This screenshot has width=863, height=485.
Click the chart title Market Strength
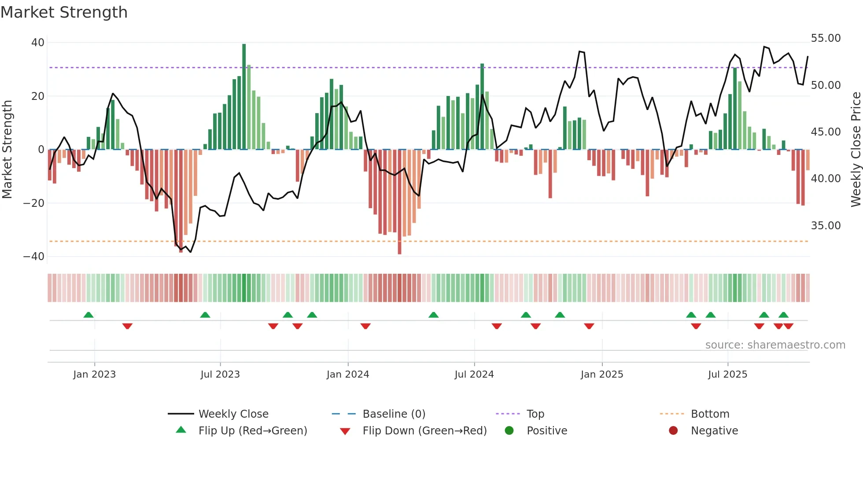coord(64,12)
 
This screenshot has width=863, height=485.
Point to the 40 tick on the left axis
coord(38,43)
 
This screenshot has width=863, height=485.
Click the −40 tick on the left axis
coord(34,257)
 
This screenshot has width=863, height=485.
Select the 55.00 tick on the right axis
coord(826,38)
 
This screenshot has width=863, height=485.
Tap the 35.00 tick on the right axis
coord(826,226)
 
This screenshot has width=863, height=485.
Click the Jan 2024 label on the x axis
coord(347,375)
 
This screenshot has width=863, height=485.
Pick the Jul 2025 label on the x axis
coord(727,375)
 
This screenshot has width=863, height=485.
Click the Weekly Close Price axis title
coord(856,150)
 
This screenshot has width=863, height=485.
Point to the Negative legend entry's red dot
coord(673,431)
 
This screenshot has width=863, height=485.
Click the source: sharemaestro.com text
coord(775,345)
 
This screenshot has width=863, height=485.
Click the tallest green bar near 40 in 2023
coord(244,97)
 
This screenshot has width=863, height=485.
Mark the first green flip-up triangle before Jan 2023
coord(89,315)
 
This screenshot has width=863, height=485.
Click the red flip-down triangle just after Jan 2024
coord(365,326)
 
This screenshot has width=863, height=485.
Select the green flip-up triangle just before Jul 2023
coord(205,315)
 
